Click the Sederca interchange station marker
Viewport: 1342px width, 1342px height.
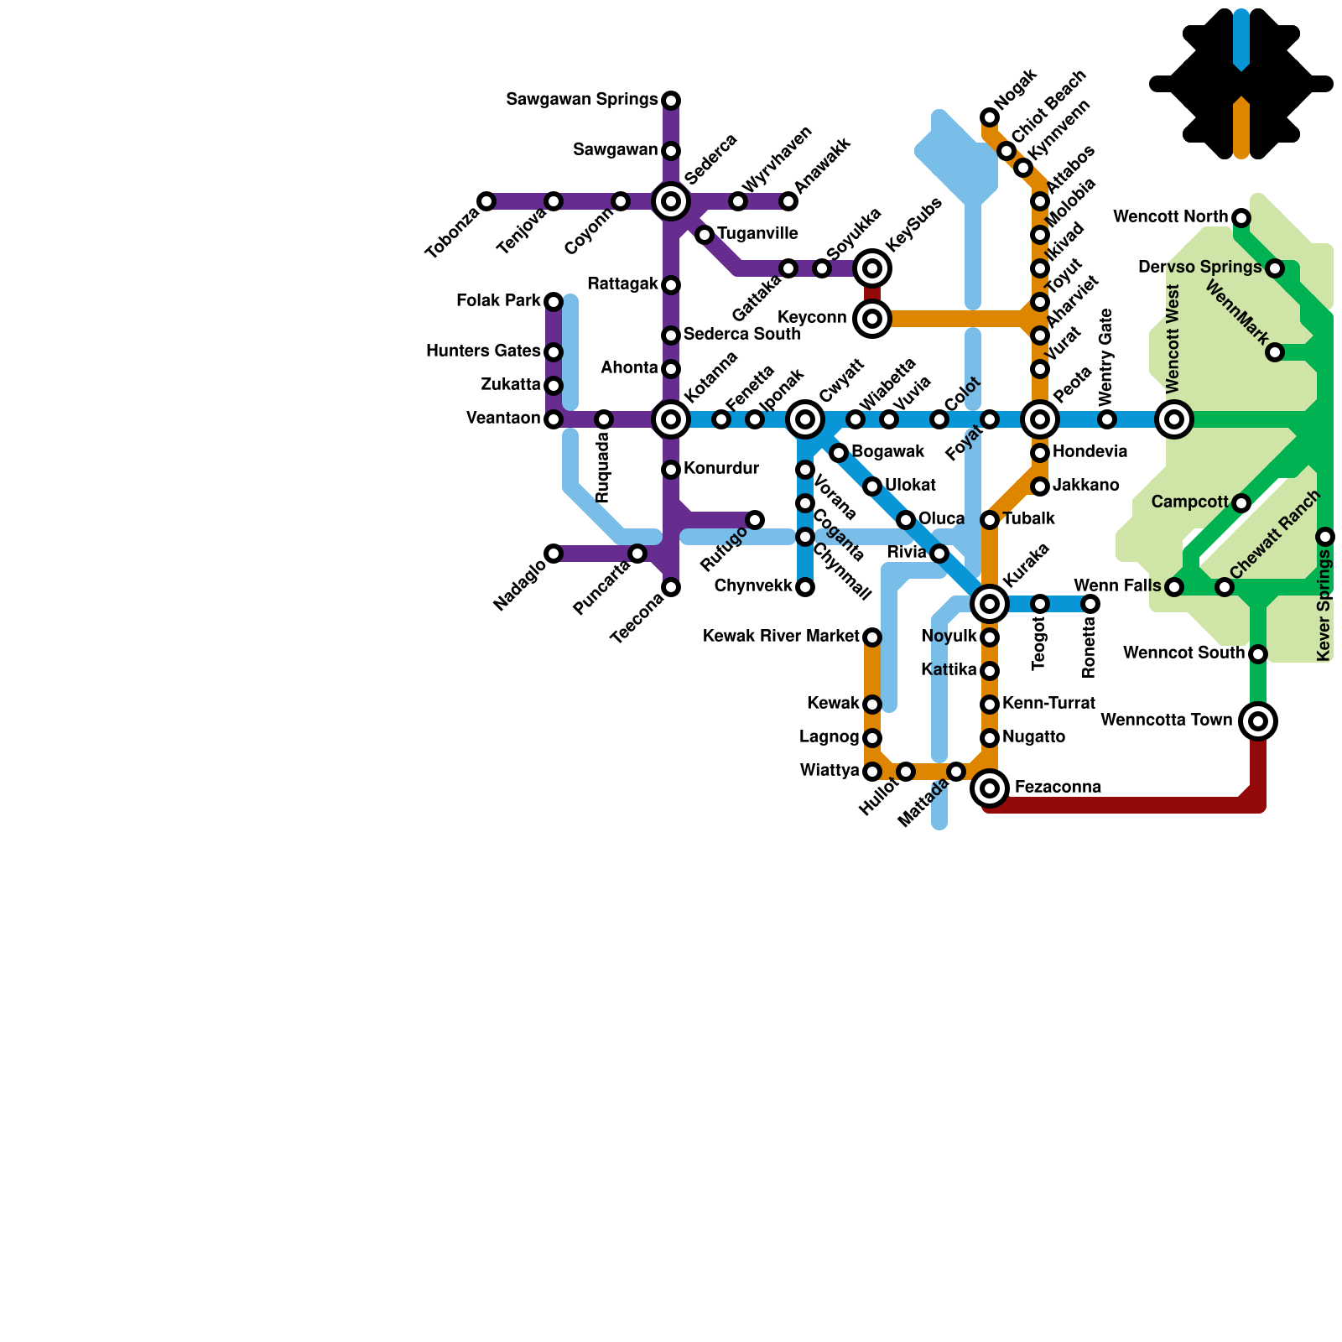point(671,201)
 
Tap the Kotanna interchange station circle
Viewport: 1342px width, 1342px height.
point(671,419)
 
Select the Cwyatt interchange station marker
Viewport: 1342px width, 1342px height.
point(805,419)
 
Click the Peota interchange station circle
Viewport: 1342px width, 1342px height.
point(1040,419)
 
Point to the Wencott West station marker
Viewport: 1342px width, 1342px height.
point(1174,419)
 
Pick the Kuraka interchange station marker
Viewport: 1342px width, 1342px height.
point(990,603)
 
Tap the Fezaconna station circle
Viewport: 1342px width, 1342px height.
point(990,788)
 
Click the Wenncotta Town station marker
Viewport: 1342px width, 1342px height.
point(1258,720)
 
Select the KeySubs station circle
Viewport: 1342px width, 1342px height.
point(872,268)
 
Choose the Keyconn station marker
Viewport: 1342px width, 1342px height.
point(872,319)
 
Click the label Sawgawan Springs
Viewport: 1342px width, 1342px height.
point(582,100)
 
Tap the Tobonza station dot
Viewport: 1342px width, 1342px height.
point(486,201)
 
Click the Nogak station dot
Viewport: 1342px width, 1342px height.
point(990,117)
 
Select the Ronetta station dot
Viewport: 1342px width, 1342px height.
point(1090,603)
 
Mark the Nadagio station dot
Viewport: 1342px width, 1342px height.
point(554,554)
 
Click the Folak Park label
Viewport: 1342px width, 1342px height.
point(498,300)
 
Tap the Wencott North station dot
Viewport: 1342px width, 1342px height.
point(1241,218)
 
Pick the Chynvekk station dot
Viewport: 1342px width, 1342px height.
point(805,587)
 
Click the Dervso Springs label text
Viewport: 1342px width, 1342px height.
point(1199,268)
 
